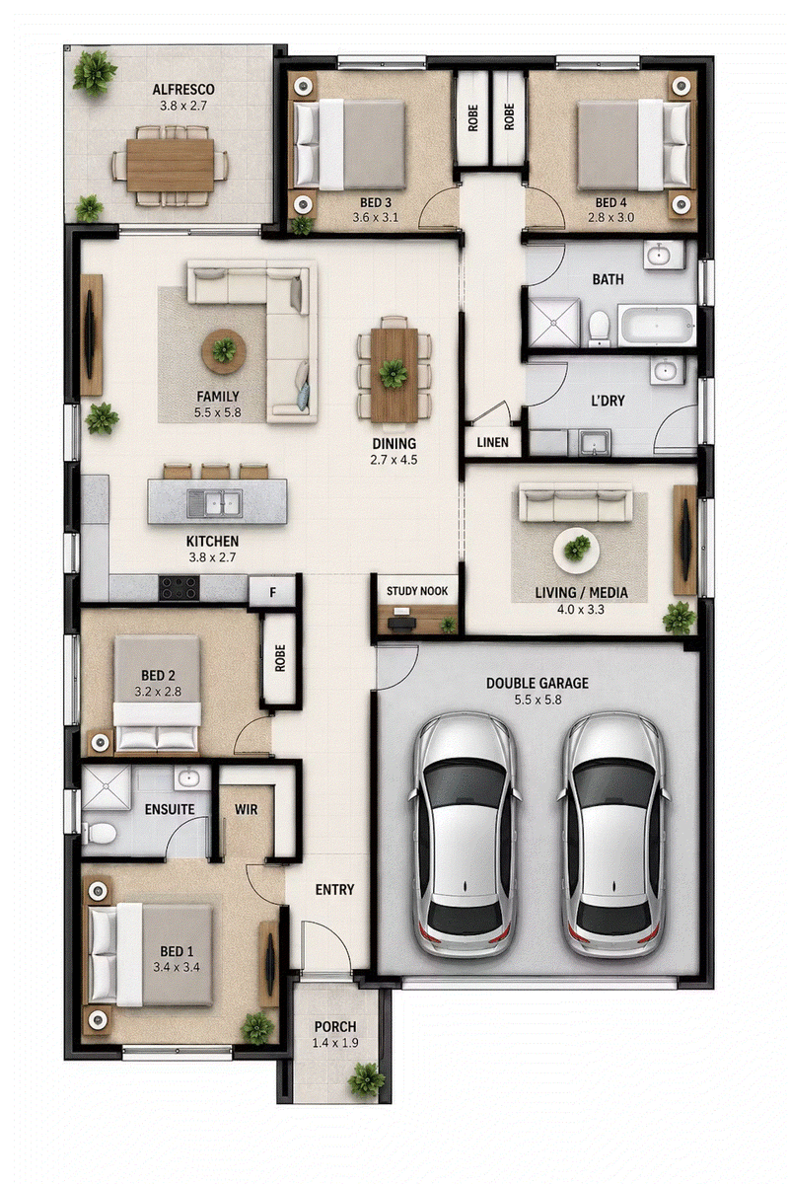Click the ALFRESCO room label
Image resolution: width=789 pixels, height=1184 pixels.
[x=182, y=90]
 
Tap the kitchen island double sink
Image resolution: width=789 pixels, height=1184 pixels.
[x=215, y=502]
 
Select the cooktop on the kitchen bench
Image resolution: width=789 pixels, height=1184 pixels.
[x=179, y=588]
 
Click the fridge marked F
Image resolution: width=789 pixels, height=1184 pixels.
[x=272, y=592]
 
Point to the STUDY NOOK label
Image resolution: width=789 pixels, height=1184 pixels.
[x=417, y=590]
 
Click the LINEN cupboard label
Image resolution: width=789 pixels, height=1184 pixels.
[x=492, y=442]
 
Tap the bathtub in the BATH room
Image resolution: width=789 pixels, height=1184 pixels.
[x=657, y=325]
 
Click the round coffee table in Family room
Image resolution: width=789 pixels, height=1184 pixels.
[x=224, y=351]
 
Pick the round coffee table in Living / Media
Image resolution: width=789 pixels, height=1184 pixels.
[x=576, y=550]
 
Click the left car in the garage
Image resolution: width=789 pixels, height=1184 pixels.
[x=463, y=834]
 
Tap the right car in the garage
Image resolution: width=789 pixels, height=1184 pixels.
[x=612, y=834]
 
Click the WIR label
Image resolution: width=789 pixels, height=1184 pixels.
[x=247, y=809]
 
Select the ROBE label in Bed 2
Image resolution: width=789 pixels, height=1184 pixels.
[x=280, y=658]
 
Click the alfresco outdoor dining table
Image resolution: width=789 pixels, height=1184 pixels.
[x=171, y=166]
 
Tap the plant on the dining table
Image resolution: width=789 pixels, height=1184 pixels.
[x=393, y=374]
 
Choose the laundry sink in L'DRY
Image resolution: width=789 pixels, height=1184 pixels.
[x=596, y=442]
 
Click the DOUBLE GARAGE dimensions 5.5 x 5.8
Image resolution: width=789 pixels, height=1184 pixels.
[x=538, y=700]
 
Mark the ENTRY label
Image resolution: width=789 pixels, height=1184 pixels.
[x=334, y=890]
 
